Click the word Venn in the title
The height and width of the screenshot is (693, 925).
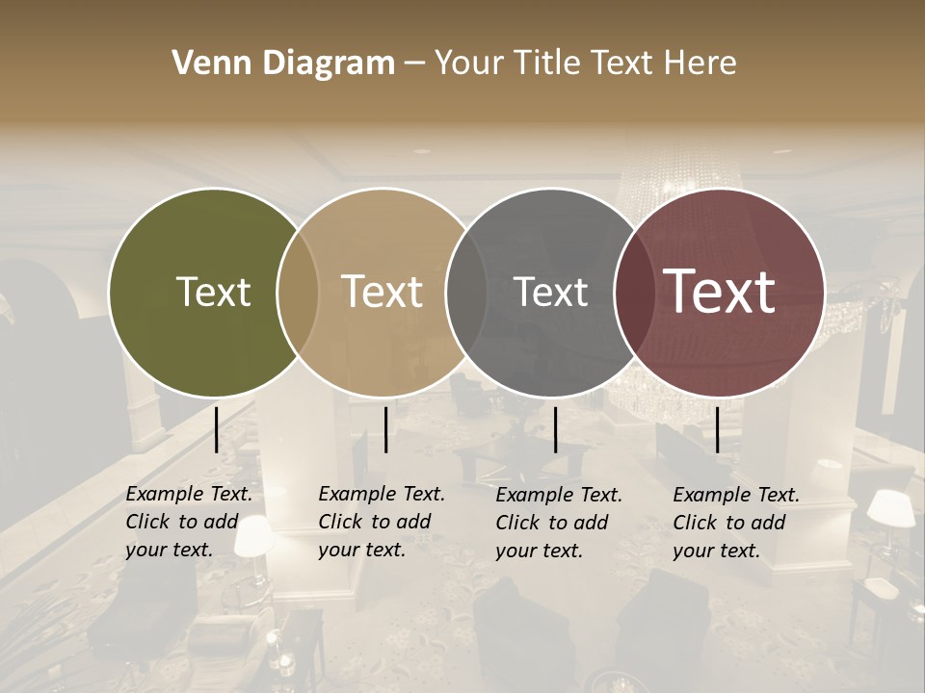click(206, 64)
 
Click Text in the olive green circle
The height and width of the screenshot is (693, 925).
click(213, 292)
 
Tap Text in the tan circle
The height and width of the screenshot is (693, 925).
click(383, 292)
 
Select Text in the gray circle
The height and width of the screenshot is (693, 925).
click(550, 292)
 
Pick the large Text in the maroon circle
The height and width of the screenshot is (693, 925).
click(720, 291)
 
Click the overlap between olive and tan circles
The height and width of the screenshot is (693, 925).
click(298, 292)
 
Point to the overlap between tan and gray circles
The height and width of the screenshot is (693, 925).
click(466, 292)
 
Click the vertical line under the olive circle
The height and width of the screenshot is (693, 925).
click(216, 429)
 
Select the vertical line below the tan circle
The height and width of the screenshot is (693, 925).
click(385, 429)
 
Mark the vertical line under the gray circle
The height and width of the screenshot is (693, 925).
click(555, 429)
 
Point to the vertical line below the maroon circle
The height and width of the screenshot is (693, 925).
click(717, 429)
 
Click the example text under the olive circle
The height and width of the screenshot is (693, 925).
click(188, 522)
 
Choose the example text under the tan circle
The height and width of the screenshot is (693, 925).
click(381, 522)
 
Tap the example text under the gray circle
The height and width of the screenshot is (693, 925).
click(558, 522)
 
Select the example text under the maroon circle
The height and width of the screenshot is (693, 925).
click(735, 522)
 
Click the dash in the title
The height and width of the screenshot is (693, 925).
click(414, 64)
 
